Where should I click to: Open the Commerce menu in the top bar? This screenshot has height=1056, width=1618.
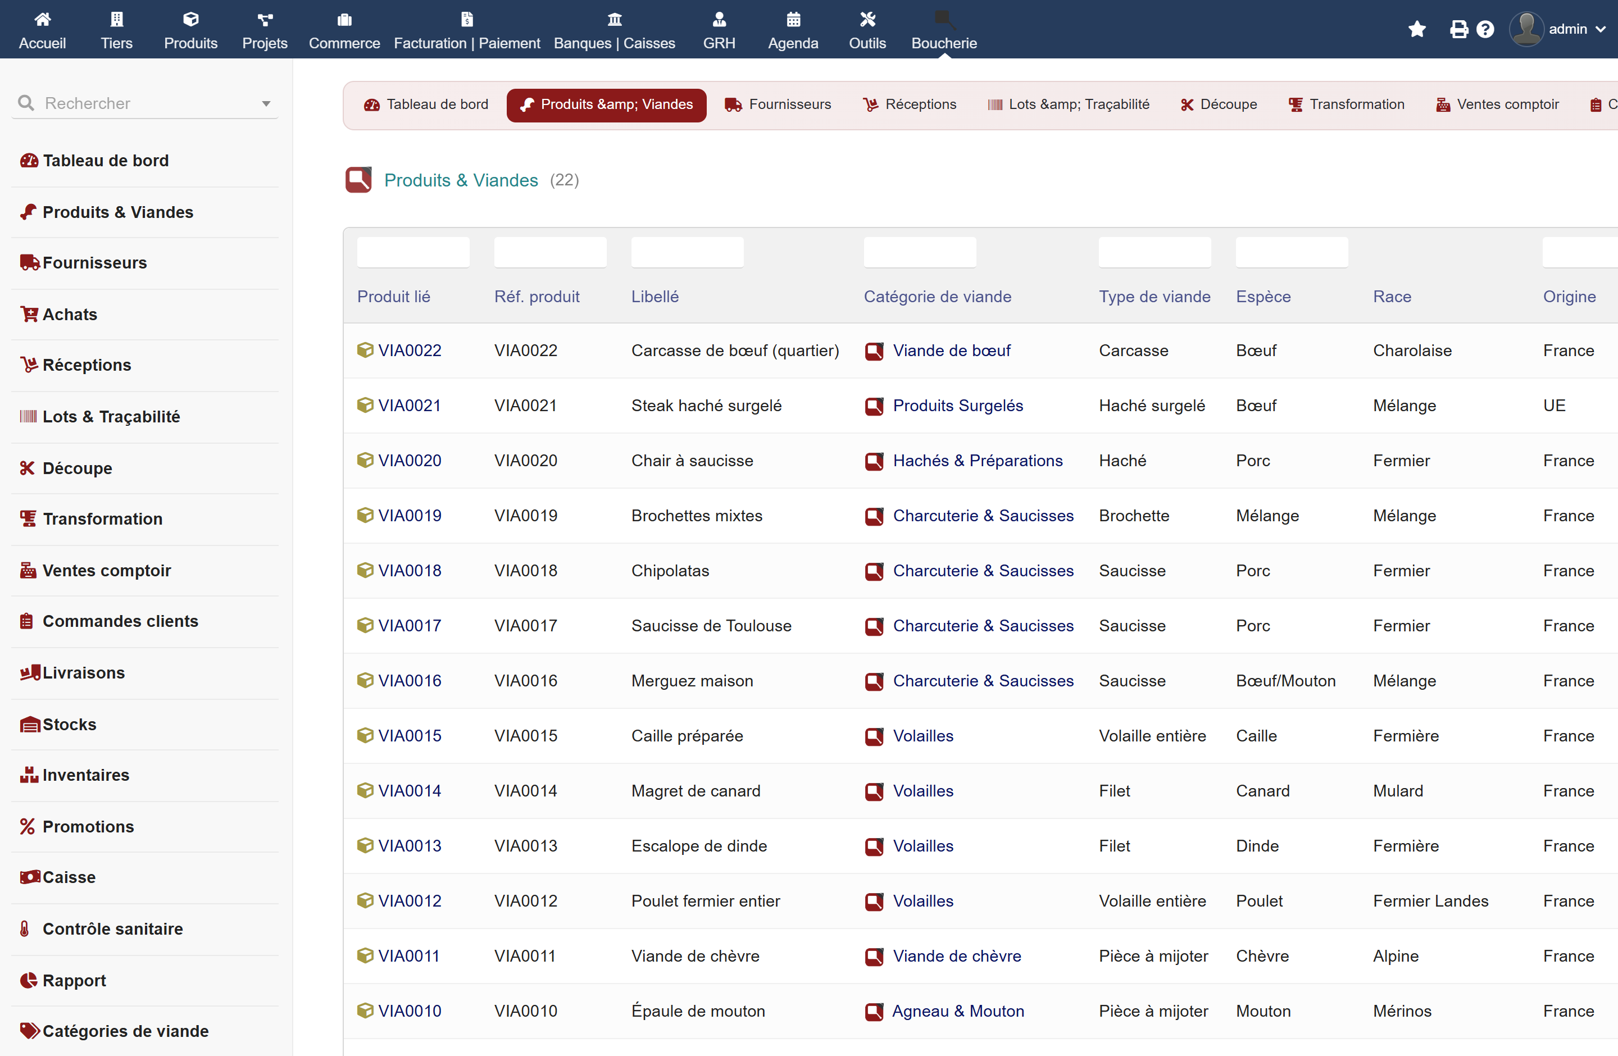pos(344,30)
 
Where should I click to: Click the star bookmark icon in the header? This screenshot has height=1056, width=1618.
pos(1417,29)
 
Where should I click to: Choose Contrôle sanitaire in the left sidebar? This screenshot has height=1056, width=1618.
pos(112,929)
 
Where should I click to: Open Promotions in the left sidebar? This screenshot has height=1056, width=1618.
pos(88,826)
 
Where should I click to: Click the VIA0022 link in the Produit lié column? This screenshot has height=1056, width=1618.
pos(409,351)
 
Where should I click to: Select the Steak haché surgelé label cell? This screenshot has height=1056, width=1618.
pos(706,406)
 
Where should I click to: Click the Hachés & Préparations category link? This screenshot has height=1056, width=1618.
pos(978,461)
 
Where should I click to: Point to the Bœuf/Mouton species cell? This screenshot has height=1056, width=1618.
pos(1285,681)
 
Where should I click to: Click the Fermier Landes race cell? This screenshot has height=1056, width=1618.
pos(1430,901)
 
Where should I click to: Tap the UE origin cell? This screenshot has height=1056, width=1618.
pos(1554,406)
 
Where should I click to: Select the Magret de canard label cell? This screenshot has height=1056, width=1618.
pos(696,791)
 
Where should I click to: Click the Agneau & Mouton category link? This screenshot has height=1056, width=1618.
pos(957,1011)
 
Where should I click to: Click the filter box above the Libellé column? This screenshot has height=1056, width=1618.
pos(687,252)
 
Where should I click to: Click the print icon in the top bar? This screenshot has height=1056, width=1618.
pos(1459,29)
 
